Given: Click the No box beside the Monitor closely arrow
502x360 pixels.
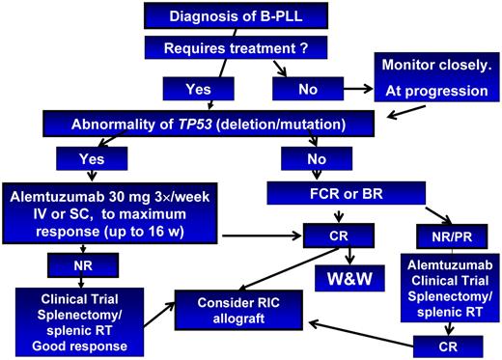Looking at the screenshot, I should (x=307, y=90).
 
